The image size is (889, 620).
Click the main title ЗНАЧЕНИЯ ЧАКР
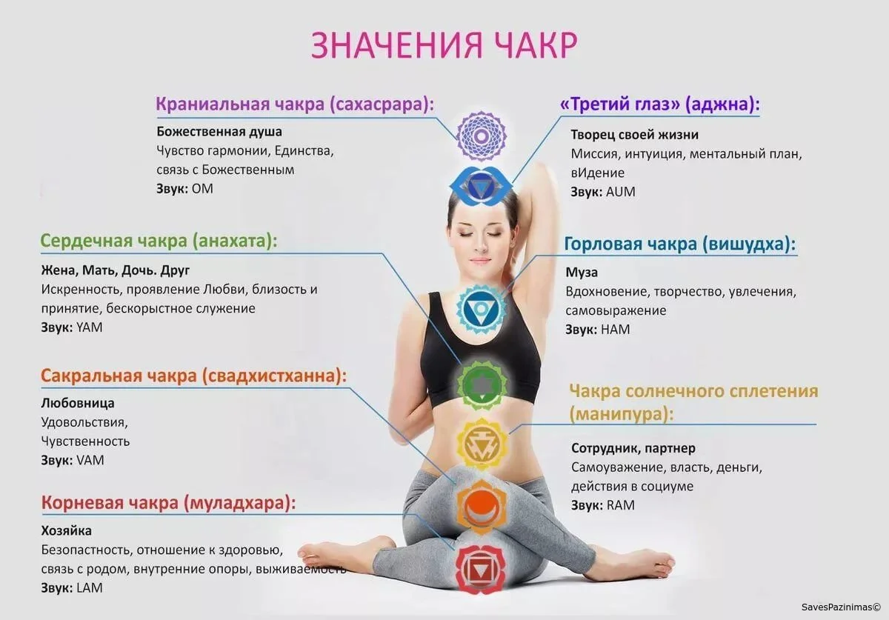pyautogui.click(x=444, y=45)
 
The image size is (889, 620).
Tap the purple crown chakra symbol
pyautogui.click(x=481, y=136)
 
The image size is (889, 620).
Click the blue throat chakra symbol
pyautogui.click(x=482, y=308)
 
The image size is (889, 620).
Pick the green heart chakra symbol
pyautogui.click(x=482, y=384)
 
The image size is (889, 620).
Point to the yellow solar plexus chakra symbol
pyautogui.click(x=482, y=444)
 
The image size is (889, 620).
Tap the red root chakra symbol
pyautogui.click(x=482, y=570)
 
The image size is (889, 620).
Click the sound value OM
pyautogui.click(x=202, y=189)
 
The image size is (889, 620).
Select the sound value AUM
pyautogui.click(x=621, y=192)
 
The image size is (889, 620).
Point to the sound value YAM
pyautogui.click(x=90, y=327)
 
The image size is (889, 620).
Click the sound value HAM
pyautogui.click(x=616, y=330)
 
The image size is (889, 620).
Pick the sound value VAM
pyautogui.click(x=90, y=461)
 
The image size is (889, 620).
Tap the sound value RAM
pyautogui.click(x=621, y=505)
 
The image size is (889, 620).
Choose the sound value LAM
pyautogui.click(x=90, y=588)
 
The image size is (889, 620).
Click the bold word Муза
pyautogui.click(x=582, y=273)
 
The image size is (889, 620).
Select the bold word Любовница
pyautogui.click(x=78, y=403)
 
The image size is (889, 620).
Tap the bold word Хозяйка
pyautogui.click(x=66, y=530)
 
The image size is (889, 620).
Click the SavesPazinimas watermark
pyautogui.click(x=842, y=607)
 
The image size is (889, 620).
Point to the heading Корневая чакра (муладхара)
pyautogui.click(x=169, y=503)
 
